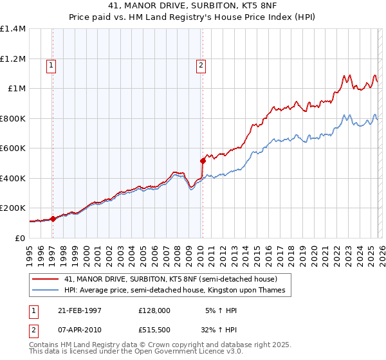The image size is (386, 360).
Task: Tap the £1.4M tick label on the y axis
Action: [x=12, y=29]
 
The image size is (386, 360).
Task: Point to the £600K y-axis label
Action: [x=12, y=148]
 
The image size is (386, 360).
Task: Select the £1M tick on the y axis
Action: [x=16, y=89]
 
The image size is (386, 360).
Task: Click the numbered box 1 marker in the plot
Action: [x=51, y=64]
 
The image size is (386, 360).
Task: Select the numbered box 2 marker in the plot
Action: [x=201, y=64]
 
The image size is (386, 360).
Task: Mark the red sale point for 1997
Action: [x=53, y=219]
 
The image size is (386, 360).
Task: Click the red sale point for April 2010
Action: [x=203, y=161]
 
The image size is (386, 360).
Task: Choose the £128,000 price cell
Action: [x=154, y=310]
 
